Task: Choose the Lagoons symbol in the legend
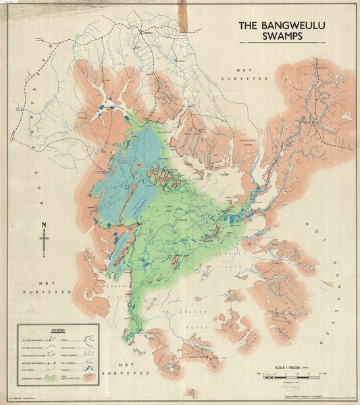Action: tap(88, 369)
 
